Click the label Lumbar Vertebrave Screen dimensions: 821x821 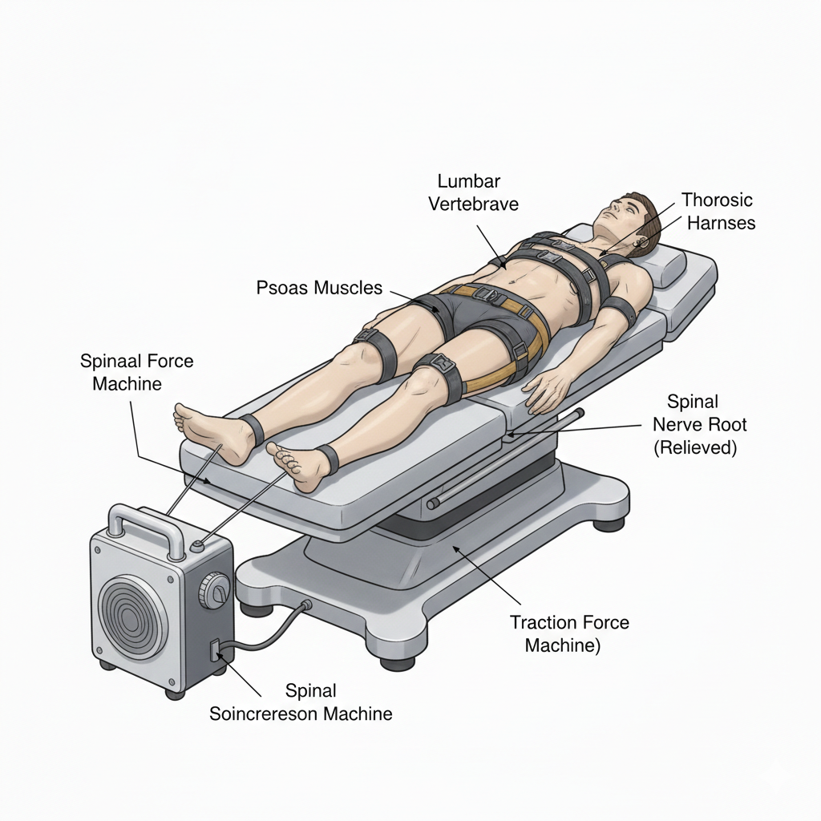coord(473,193)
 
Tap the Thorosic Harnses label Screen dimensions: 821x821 coord(718,211)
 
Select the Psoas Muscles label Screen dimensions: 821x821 coord(319,287)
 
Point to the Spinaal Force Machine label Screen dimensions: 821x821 coord(136,372)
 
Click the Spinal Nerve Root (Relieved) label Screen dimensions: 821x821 coord(694,424)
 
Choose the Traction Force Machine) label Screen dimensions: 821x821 coord(569,633)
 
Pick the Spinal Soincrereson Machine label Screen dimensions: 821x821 coord(301,702)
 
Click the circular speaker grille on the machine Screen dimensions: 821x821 coord(132,613)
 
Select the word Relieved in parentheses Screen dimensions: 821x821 coord(695,447)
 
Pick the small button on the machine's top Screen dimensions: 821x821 coord(197,546)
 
